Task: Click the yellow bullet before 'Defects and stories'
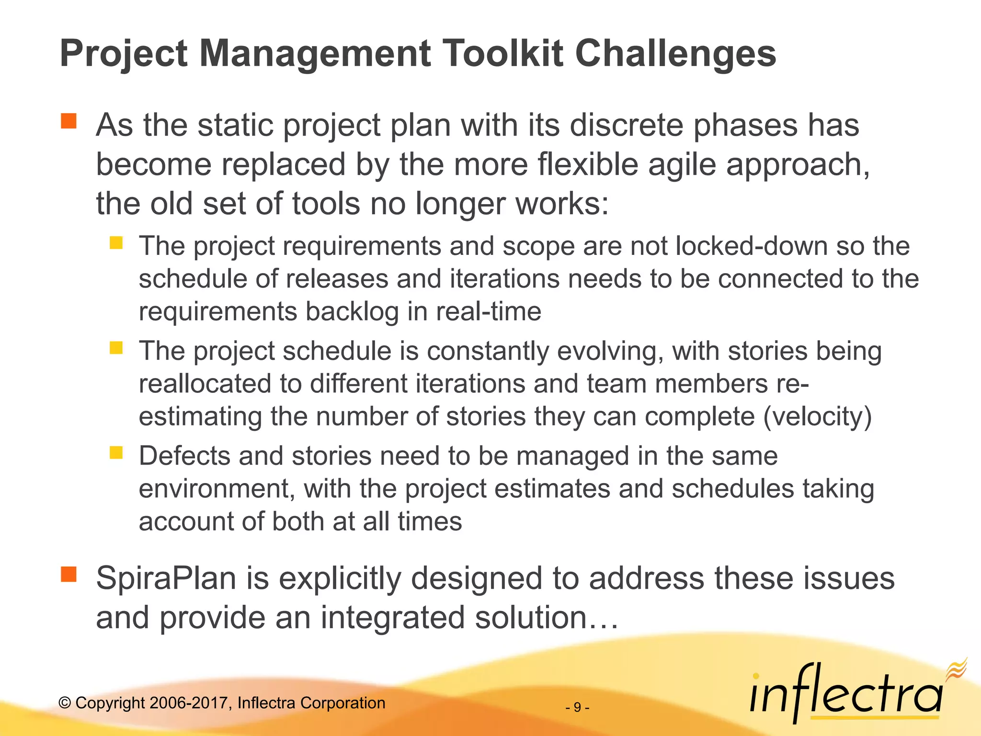point(116,452)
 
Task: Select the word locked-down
point(752,246)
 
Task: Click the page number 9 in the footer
point(577,707)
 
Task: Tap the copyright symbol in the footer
point(65,703)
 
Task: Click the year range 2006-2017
point(185,703)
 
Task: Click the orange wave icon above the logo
point(956,669)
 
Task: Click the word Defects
point(184,456)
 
